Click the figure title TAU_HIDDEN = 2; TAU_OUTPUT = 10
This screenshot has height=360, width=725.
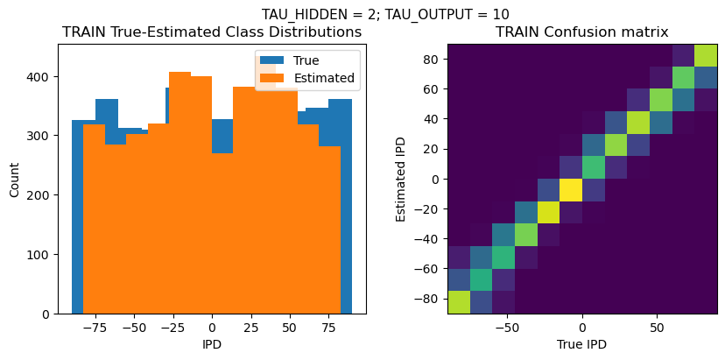tap(385, 14)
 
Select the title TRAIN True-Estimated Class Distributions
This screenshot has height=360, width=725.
tap(212, 32)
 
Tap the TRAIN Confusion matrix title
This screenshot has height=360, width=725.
tap(581, 32)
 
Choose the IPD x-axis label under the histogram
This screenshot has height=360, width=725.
tap(212, 344)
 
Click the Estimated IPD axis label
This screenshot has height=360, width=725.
tap(402, 180)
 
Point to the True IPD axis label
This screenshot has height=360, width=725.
tap(581, 344)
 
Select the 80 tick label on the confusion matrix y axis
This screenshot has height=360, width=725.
tap(427, 59)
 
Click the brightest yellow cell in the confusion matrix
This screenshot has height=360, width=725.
tap(570, 189)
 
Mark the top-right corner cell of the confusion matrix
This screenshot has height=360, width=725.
tap(706, 54)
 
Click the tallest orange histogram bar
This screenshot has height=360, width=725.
tap(179, 193)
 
